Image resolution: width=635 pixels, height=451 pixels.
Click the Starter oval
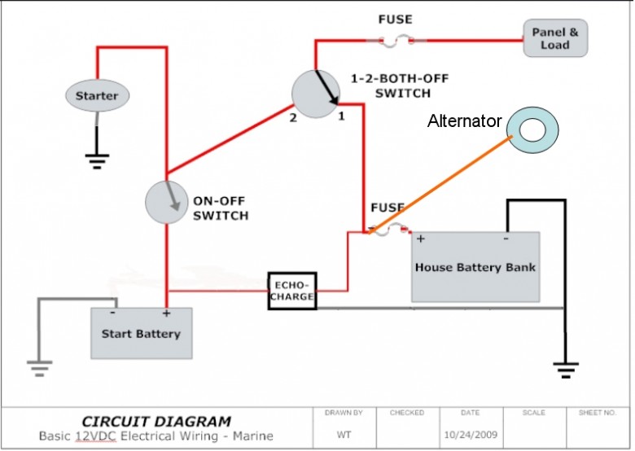(x=97, y=95)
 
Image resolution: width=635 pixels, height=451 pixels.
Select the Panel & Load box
(x=555, y=38)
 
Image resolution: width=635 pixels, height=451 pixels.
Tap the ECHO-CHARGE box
(x=292, y=291)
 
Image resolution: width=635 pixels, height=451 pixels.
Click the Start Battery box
(x=142, y=333)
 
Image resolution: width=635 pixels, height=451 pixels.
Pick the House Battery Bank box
(x=475, y=267)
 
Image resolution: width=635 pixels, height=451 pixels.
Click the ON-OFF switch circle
(x=166, y=202)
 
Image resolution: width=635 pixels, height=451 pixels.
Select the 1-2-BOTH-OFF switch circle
(x=316, y=94)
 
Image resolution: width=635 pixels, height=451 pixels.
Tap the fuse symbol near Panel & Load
(x=396, y=41)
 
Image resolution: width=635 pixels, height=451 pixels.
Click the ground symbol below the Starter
(x=97, y=161)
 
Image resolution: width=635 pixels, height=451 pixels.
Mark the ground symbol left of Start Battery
(x=39, y=368)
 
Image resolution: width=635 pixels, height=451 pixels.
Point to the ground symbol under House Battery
(x=566, y=370)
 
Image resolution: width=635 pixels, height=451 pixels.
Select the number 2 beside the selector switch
(x=293, y=118)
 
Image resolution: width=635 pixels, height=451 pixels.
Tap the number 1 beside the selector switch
(x=341, y=116)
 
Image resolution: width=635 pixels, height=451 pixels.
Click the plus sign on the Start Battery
(x=166, y=313)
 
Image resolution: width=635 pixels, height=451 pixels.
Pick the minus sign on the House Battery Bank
(x=506, y=239)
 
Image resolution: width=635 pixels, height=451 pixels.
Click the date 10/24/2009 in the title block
(x=471, y=435)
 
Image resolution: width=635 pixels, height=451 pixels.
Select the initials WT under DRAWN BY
(x=344, y=435)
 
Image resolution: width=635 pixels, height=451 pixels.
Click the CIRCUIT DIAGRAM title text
(x=156, y=422)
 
